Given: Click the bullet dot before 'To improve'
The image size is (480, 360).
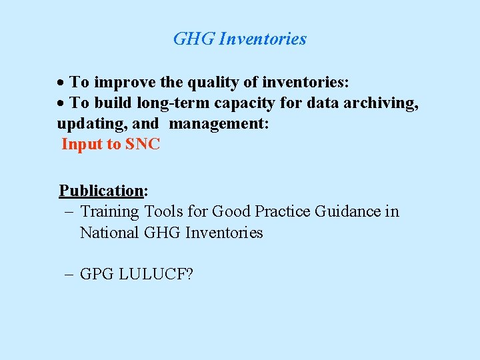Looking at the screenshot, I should click(61, 83).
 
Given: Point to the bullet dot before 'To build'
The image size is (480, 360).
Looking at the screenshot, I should click(61, 103).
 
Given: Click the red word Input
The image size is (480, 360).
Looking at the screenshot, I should click(82, 144).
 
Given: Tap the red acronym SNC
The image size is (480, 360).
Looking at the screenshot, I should click(143, 144).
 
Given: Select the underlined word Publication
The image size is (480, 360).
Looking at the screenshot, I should click(101, 191).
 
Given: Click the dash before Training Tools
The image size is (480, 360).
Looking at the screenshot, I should click(68, 211).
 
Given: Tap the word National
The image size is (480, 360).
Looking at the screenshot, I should click(109, 233).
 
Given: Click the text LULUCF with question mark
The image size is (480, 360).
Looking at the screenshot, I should click(155, 274).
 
